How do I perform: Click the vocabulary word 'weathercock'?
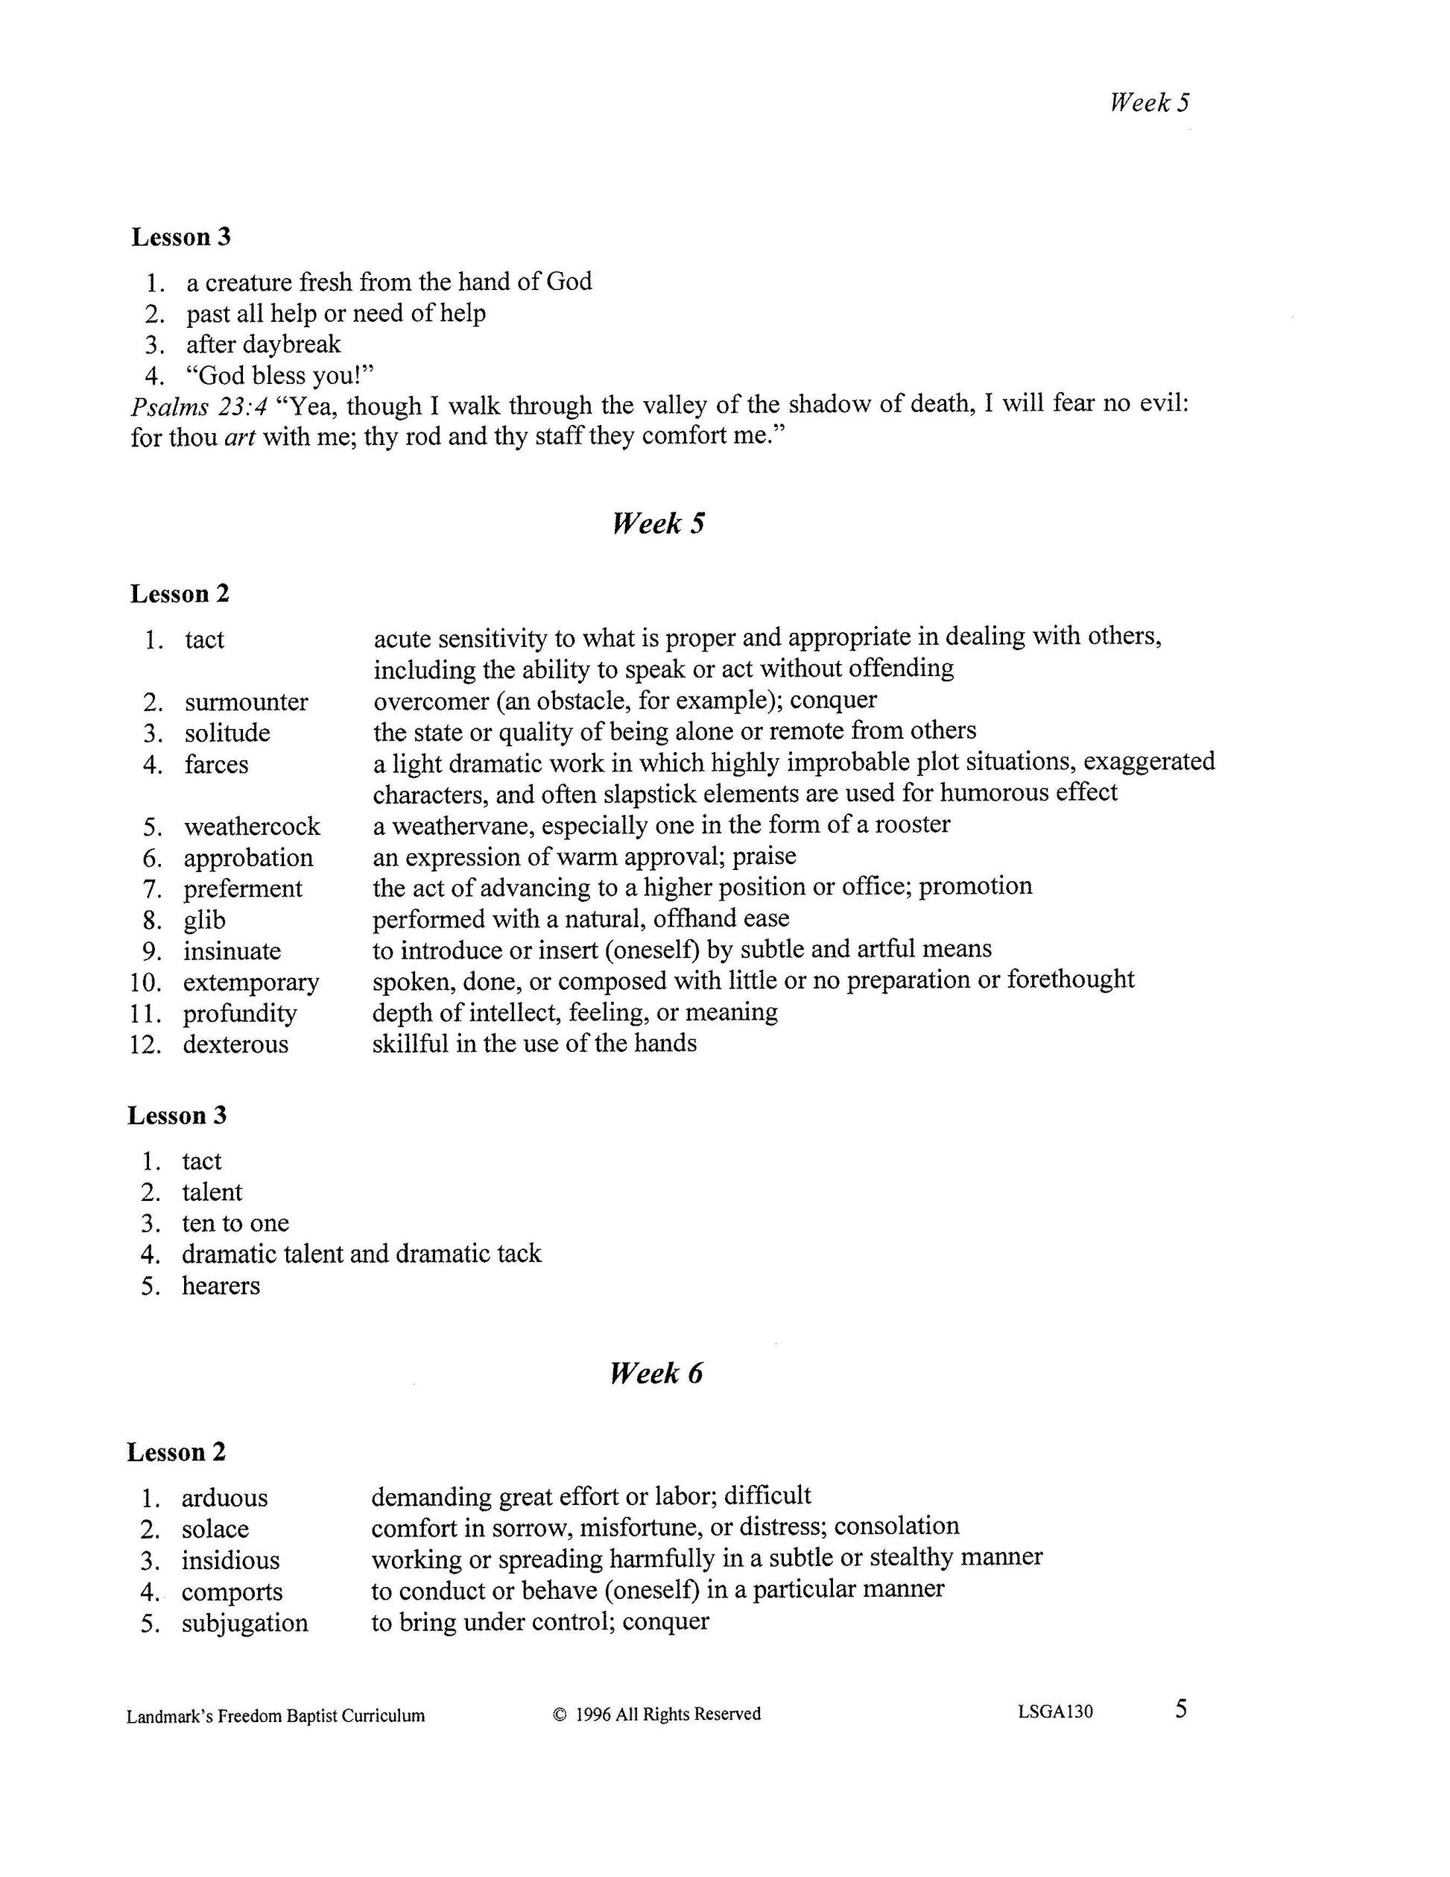[x=252, y=827]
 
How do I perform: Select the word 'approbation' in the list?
[x=248, y=858]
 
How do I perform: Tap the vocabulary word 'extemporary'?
[x=251, y=982]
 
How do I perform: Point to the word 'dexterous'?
[x=235, y=1044]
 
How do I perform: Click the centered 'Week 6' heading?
[x=656, y=1373]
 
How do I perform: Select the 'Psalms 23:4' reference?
[x=198, y=406]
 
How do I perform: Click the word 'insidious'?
[x=230, y=1561]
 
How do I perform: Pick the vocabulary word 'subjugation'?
[x=245, y=1624]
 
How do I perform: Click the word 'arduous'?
[x=224, y=1499]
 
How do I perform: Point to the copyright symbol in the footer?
[x=560, y=1714]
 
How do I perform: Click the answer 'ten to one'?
[x=235, y=1223]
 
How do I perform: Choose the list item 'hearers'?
[x=221, y=1286]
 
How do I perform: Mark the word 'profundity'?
[x=240, y=1013]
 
